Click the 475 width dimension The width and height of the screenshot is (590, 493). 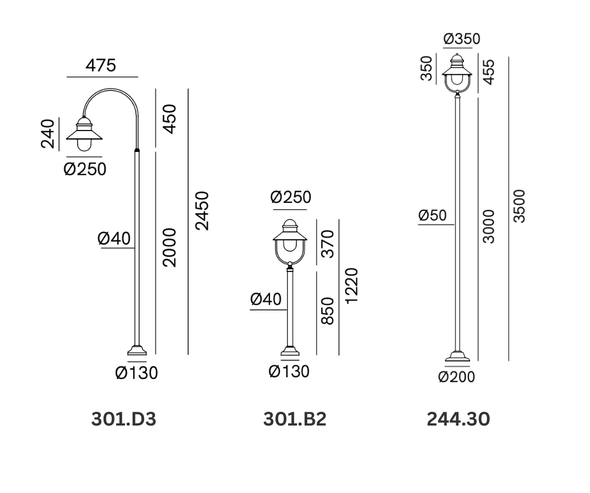point(100,66)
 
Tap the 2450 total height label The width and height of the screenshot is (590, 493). point(202,211)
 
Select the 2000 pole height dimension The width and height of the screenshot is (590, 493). point(169,247)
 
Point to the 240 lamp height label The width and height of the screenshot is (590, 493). point(48,134)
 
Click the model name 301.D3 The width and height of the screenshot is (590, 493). point(123,419)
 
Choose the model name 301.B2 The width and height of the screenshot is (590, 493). point(295,419)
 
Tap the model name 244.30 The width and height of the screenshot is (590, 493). point(459,419)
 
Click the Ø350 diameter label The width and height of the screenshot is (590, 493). point(462,39)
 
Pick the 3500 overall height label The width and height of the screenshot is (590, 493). point(519,206)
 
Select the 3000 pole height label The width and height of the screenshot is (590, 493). point(489,226)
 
